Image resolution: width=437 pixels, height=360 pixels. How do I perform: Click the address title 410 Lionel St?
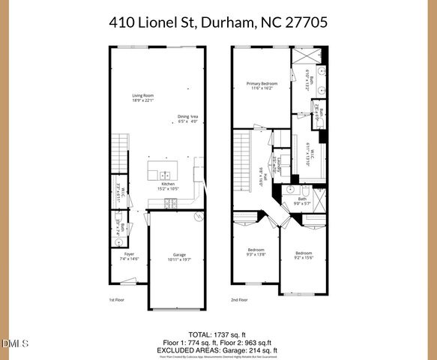(218, 23)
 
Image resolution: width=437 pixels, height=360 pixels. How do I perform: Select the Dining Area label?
(188, 118)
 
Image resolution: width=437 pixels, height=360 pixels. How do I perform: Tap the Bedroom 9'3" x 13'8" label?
(256, 252)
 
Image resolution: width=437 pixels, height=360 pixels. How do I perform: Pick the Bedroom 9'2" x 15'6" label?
(303, 255)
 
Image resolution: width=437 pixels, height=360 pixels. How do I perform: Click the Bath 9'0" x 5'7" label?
(301, 200)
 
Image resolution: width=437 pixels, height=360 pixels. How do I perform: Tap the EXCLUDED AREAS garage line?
(218, 349)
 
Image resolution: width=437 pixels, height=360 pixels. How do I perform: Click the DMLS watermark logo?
(14, 344)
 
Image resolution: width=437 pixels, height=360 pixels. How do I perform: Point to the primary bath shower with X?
(308, 58)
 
